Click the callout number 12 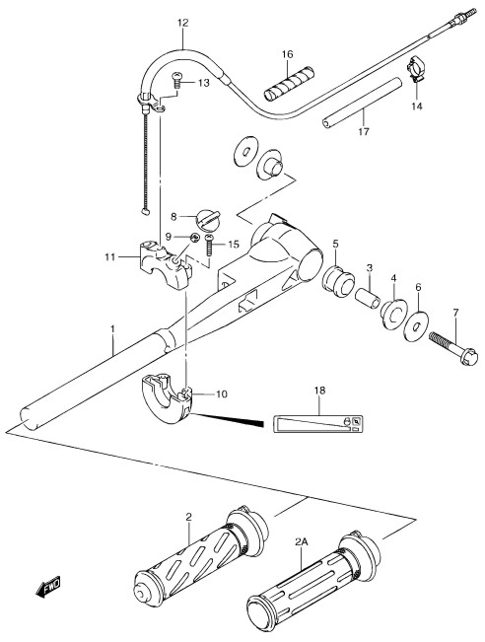183,23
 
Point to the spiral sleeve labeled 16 290,83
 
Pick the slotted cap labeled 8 208,219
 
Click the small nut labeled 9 195,237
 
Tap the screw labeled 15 209,246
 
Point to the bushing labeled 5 338,281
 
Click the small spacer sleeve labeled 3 367,298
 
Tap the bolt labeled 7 453,349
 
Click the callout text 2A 301,542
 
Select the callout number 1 112,329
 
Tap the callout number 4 393,278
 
